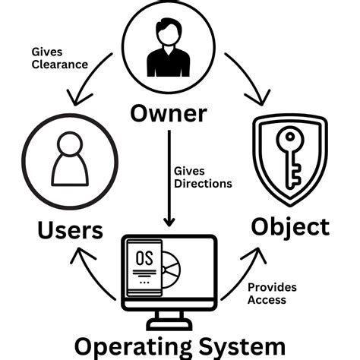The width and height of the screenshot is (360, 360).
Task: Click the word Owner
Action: [169, 114]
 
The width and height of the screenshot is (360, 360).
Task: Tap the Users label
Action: [59, 230]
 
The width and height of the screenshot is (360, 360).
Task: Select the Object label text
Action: [291, 226]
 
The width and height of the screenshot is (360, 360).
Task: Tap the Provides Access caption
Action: [271, 294]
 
